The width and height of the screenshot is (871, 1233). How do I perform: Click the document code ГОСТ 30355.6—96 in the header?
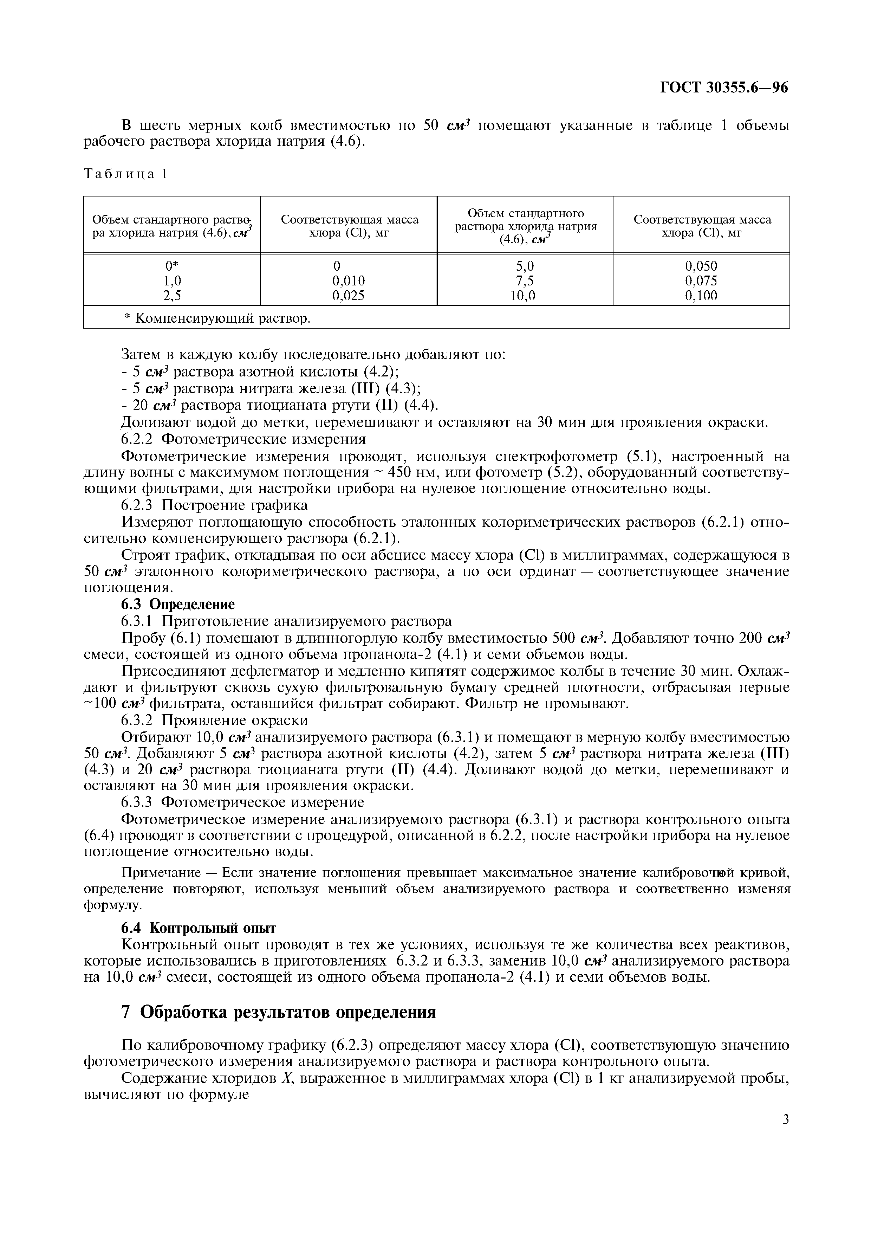point(723,88)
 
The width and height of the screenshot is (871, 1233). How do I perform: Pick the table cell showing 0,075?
point(701,281)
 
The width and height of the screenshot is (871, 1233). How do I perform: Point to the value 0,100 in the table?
point(701,295)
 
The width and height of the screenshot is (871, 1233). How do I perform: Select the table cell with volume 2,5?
point(172,295)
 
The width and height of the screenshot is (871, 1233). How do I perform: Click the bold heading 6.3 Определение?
point(178,604)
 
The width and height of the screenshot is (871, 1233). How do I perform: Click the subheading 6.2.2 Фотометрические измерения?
point(243,439)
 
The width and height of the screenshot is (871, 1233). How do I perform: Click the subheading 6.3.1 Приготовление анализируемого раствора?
point(286,621)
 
